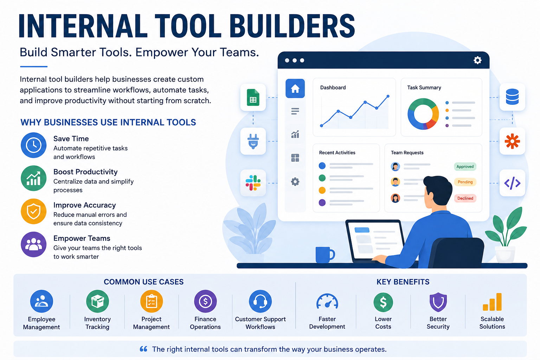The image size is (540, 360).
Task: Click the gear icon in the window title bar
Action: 477,60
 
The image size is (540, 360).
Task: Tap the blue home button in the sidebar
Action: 295,89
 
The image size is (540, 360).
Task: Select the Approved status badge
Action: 465,167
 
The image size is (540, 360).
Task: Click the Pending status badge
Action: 465,182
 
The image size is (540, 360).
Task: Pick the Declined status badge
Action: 465,198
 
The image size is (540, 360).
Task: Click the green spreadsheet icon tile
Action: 253,97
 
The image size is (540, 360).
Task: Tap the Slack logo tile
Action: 253,183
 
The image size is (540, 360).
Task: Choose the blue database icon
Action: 512,97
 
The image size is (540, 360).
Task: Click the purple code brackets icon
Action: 512,183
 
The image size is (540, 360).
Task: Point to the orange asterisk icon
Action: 512,141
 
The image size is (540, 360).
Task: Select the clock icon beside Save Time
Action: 33,145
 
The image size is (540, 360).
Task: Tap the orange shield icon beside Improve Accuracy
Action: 33,212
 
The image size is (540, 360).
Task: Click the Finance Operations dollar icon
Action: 205,301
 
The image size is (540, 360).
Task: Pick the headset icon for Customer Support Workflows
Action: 261,301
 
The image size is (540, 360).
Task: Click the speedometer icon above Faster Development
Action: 327,301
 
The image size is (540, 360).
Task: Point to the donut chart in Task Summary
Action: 423,114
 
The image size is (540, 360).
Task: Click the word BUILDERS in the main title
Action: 292,26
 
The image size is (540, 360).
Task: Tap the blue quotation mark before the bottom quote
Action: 144,349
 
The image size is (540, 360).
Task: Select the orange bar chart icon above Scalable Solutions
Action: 492,302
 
